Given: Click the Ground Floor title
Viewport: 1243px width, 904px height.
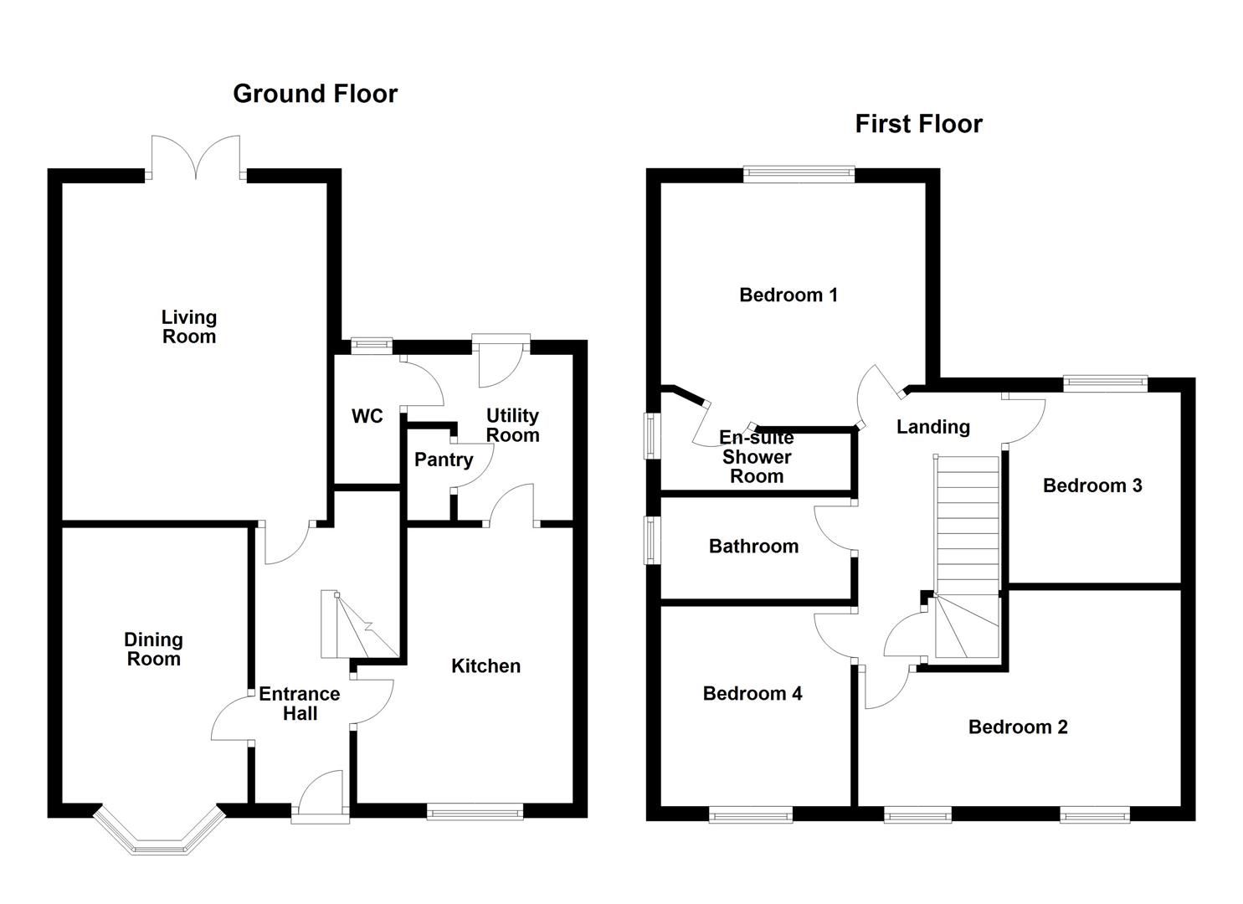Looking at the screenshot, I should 315,94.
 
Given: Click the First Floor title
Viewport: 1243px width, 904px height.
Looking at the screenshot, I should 918,124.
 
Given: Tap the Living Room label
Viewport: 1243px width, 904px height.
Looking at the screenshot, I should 189,327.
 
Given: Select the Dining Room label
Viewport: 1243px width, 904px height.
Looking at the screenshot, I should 153,650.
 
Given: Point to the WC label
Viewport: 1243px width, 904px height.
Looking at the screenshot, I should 367,416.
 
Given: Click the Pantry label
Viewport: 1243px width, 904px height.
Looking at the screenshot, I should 444,460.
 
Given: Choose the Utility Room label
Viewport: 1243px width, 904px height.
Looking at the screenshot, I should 512,425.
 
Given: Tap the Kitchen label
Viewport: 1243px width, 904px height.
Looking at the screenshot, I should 485,666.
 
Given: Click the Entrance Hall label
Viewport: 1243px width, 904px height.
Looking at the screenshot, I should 300,704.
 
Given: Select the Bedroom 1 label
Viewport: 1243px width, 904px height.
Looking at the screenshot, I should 788,295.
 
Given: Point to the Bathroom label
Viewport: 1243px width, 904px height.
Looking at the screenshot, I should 753,547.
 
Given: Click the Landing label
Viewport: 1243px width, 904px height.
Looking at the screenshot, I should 932,427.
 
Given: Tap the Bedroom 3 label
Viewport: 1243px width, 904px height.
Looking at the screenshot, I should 1092,485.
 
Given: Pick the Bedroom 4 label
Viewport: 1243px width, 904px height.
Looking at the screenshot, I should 752,693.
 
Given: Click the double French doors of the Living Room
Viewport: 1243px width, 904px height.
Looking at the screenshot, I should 196,159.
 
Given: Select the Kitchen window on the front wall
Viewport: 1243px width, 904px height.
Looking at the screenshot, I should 475,810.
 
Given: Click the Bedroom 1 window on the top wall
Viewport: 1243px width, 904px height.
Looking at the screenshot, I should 799,175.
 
